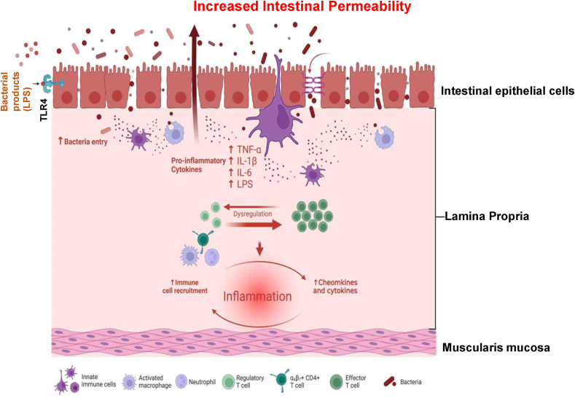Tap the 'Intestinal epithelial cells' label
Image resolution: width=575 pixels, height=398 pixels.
(x=507, y=91)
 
